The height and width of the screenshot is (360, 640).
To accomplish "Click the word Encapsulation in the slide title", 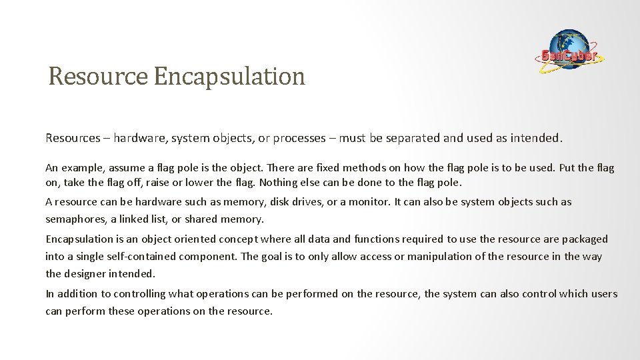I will point(229,77).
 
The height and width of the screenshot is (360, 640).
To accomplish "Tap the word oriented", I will point(191,238).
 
